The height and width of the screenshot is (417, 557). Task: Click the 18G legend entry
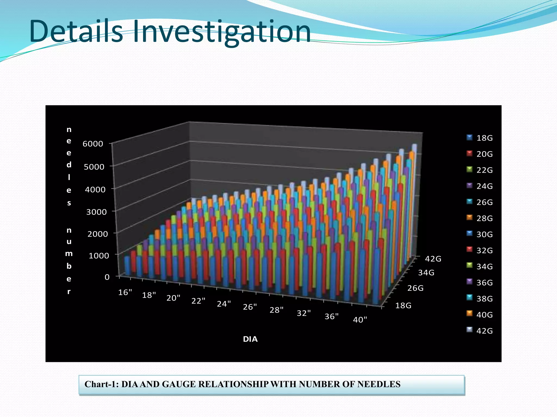(x=480, y=138)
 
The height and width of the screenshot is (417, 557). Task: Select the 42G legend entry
(x=480, y=331)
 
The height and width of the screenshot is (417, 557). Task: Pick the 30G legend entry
(x=480, y=234)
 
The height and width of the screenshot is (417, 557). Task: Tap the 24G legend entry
(x=480, y=186)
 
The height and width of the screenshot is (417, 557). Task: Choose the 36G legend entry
(x=480, y=283)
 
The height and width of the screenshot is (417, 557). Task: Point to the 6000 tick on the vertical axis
(x=93, y=144)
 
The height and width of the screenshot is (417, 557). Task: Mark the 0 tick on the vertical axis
(x=107, y=277)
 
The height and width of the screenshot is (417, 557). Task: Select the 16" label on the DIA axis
(x=125, y=292)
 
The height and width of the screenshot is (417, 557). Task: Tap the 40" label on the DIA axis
(x=360, y=320)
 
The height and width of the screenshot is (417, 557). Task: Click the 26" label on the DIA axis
(x=250, y=307)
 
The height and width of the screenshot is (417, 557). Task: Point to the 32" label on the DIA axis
(x=304, y=313)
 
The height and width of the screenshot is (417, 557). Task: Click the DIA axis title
(x=250, y=339)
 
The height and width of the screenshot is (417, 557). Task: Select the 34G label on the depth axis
(x=426, y=273)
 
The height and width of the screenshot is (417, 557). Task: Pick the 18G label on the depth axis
(x=403, y=306)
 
